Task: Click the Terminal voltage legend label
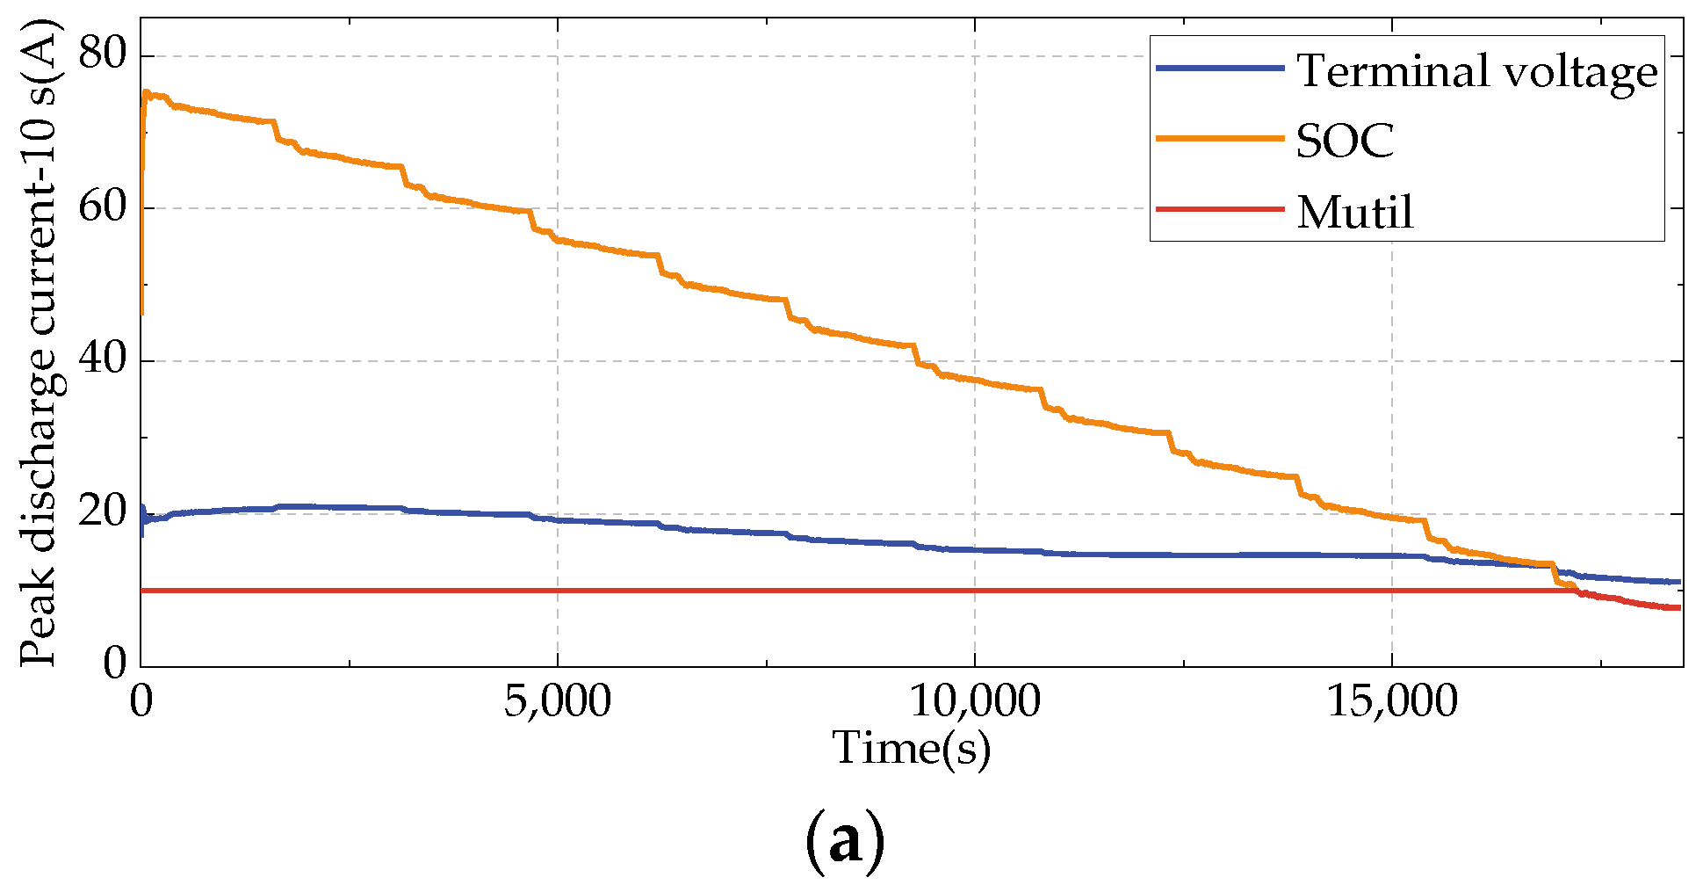click(1477, 70)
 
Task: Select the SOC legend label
click(1346, 141)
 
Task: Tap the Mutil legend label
click(1355, 212)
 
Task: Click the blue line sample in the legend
click(1220, 69)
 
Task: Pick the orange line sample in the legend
click(1220, 138)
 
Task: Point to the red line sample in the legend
click(1220, 209)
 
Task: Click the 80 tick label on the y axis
click(103, 54)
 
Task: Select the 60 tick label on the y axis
click(103, 207)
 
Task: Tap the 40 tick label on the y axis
click(103, 359)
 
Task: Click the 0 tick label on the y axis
click(115, 664)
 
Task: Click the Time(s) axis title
click(911, 749)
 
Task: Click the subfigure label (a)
click(844, 842)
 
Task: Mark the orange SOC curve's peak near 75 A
click(147, 92)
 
